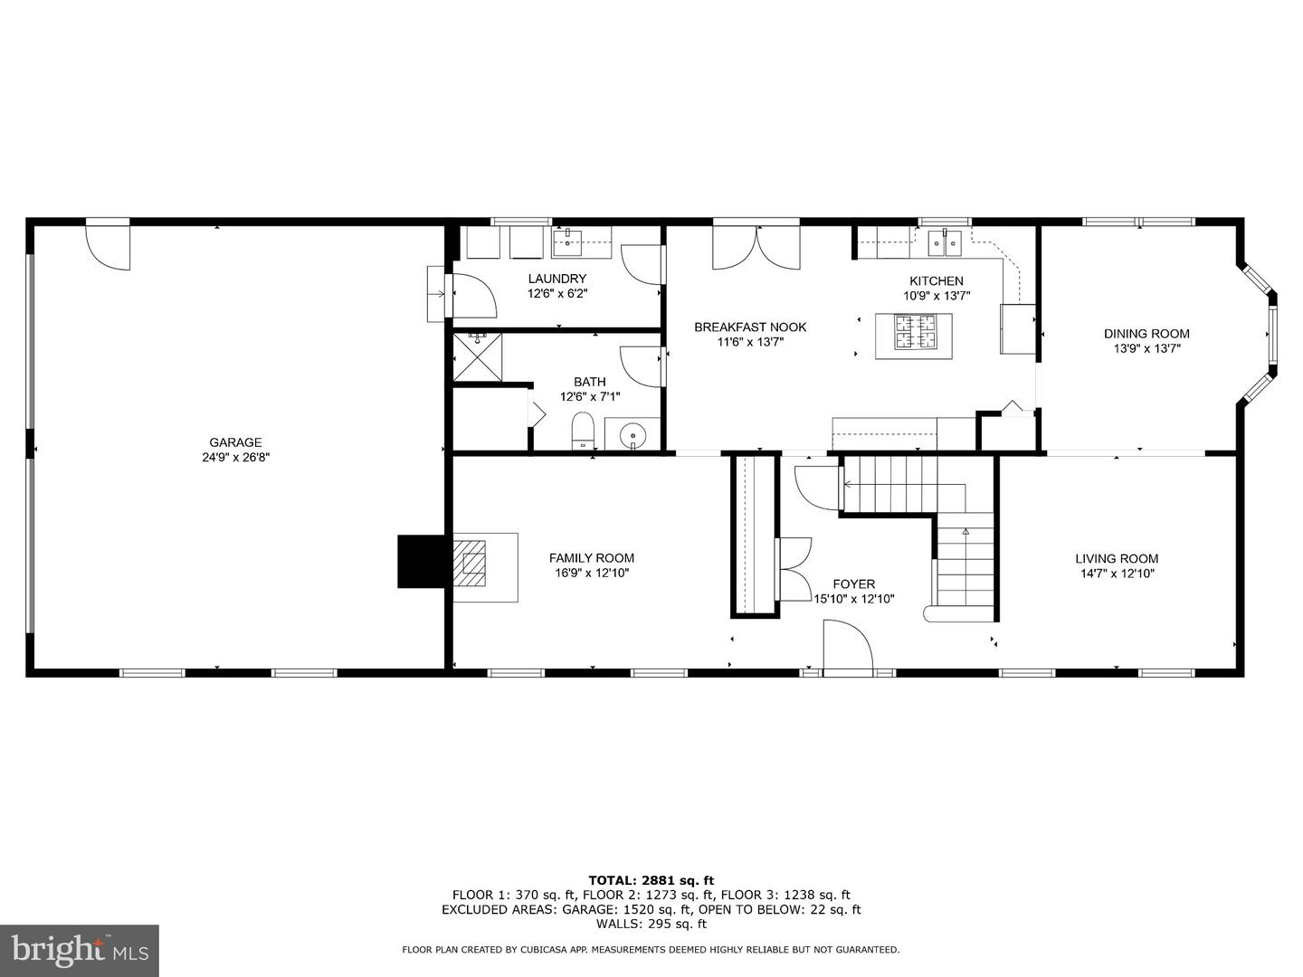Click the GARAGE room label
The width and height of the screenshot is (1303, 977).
(235, 442)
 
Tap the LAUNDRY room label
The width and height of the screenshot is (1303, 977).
(556, 279)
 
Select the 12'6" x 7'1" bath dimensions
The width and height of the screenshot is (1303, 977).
(589, 397)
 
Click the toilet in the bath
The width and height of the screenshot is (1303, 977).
(583, 431)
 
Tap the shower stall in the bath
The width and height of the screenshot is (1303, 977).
(477, 357)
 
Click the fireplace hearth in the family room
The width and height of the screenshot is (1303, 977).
(485, 568)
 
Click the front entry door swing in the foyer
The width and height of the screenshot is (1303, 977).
(848, 644)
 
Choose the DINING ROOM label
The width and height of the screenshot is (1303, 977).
(1146, 334)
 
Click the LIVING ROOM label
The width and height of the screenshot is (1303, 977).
(1117, 558)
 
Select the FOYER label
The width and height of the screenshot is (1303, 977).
(853, 583)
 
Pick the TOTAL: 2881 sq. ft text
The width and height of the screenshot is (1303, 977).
(651, 880)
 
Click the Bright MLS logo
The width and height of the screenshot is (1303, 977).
(80, 951)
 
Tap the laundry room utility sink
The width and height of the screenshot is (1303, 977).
(582, 242)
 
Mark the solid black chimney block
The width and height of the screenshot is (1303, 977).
(421, 561)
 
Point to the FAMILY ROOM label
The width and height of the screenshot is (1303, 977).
(591, 557)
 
